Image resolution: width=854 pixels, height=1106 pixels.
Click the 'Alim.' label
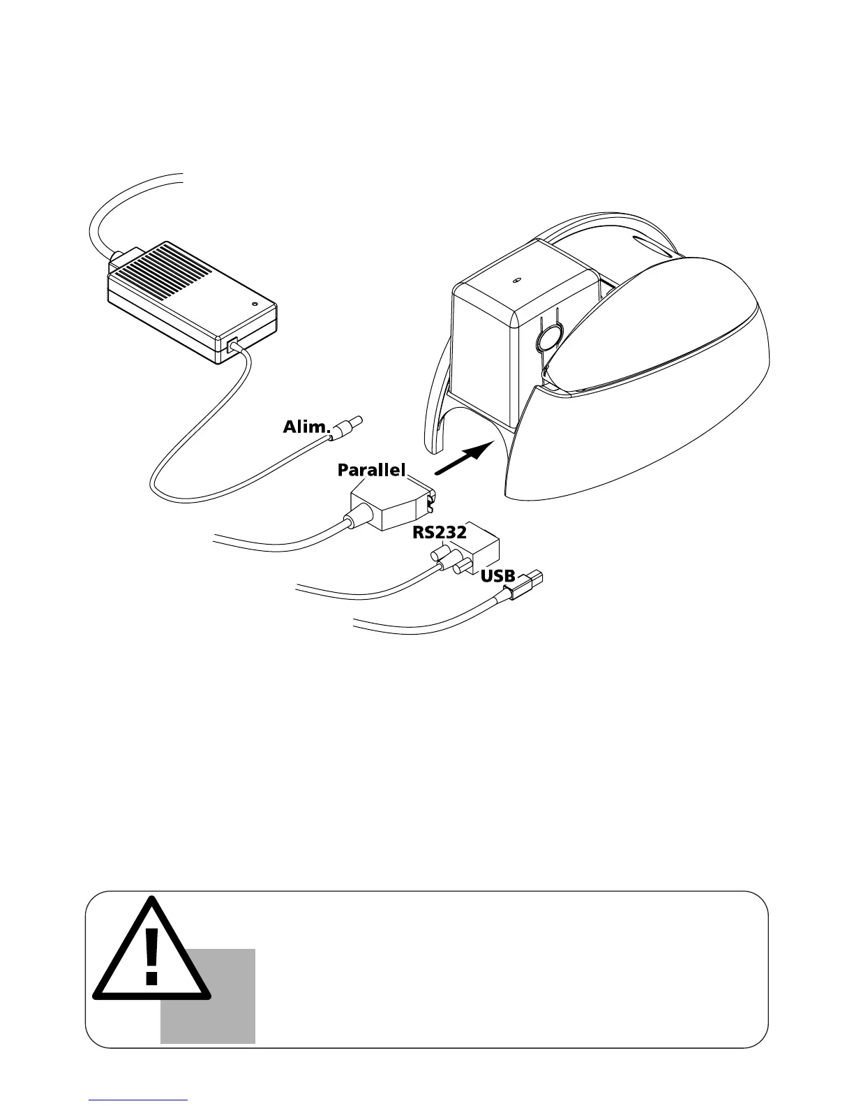click(305, 427)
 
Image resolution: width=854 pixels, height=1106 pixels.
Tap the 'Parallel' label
click(371, 471)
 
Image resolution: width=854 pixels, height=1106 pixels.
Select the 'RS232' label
click(439, 533)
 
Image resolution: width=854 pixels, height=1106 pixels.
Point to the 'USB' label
click(497, 577)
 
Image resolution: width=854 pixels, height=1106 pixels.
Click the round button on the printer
click(548, 336)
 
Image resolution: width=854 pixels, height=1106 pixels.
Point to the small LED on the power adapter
click(254, 304)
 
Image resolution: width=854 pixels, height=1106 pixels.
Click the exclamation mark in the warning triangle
click(151, 957)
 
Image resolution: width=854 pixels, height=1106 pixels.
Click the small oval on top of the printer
click(517, 281)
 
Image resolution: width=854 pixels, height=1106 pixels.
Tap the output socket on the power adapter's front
click(232, 345)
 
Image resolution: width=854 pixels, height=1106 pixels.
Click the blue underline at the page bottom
click(138, 1100)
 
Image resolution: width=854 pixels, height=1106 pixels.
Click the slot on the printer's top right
click(652, 247)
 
